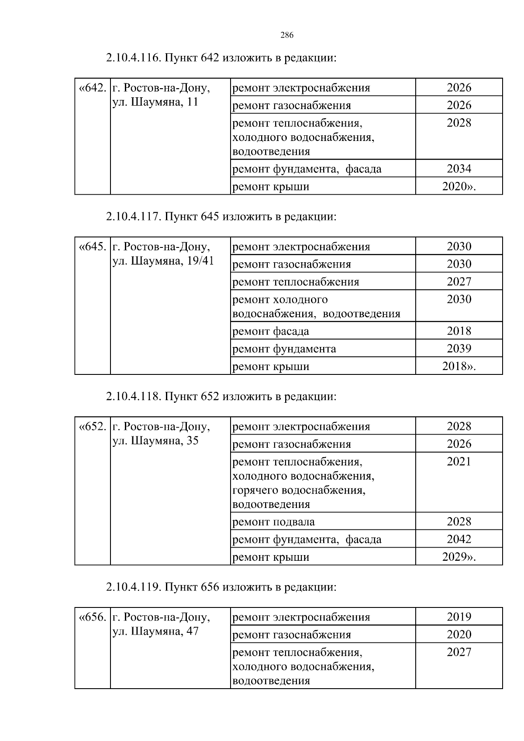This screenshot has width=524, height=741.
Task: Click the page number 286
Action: pyautogui.click(x=286, y=36)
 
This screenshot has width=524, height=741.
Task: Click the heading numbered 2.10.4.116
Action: pyautogui.click(x=221, y=58)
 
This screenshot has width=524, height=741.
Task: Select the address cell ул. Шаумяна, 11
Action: pyautogui.click(x=155, y=102)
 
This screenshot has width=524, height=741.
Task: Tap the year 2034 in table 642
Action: pyautogui.click(x=459, y=168)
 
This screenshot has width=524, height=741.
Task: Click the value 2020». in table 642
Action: pyautogui.click(x=458, y=186)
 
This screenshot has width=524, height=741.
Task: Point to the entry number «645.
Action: pyautogui.click(x=92, y=247)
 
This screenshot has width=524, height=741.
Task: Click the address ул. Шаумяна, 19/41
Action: pyautogui.click(x=163, y=261)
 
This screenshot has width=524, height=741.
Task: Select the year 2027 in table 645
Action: pyautogui.click(x=459, y=281)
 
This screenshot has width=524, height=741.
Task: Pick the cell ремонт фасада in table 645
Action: pyautogui.click(x=271, y=331)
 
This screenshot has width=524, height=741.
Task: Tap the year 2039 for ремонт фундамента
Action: pyautogui.click(x=459, y=348)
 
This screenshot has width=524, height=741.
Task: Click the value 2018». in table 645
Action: pyautogui.click(x=458, y=366)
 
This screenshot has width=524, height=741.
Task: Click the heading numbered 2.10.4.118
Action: pyautogui.click(x=221, y=397)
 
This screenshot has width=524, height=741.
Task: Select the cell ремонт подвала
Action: pyautogui.click(x=273, y=522)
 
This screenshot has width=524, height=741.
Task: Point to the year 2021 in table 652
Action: pyautogui.click(x=459, y=461)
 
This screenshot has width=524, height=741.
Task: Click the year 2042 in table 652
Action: pyautogui.click(x=459, y=539)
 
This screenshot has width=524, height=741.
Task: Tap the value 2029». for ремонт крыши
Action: pyautogui.click(x=458, y=557)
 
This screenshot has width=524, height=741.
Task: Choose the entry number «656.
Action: pyautogui.click(x=92, y=617)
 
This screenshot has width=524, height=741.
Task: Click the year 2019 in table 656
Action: pyautogui.click(x=459, y=617)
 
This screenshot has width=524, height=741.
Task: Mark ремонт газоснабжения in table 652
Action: pyautogui.click(x=292, y=444)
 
